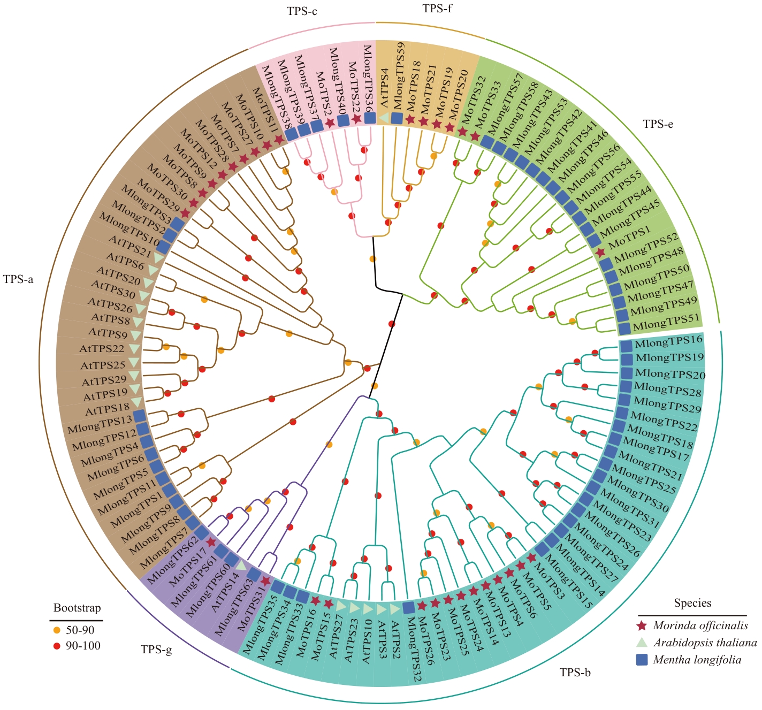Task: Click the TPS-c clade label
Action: point(302,11)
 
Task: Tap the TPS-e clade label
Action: point(658,124)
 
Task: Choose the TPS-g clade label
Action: point(156,650)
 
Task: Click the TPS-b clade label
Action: point(575,673)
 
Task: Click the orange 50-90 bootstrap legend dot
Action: point(57,630)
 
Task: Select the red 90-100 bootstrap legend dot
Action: point(57,646)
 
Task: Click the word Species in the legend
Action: point(692,603)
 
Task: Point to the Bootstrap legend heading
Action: point(77,608)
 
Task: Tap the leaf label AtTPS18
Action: point(108,409)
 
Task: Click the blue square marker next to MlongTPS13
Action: point(139,415)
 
